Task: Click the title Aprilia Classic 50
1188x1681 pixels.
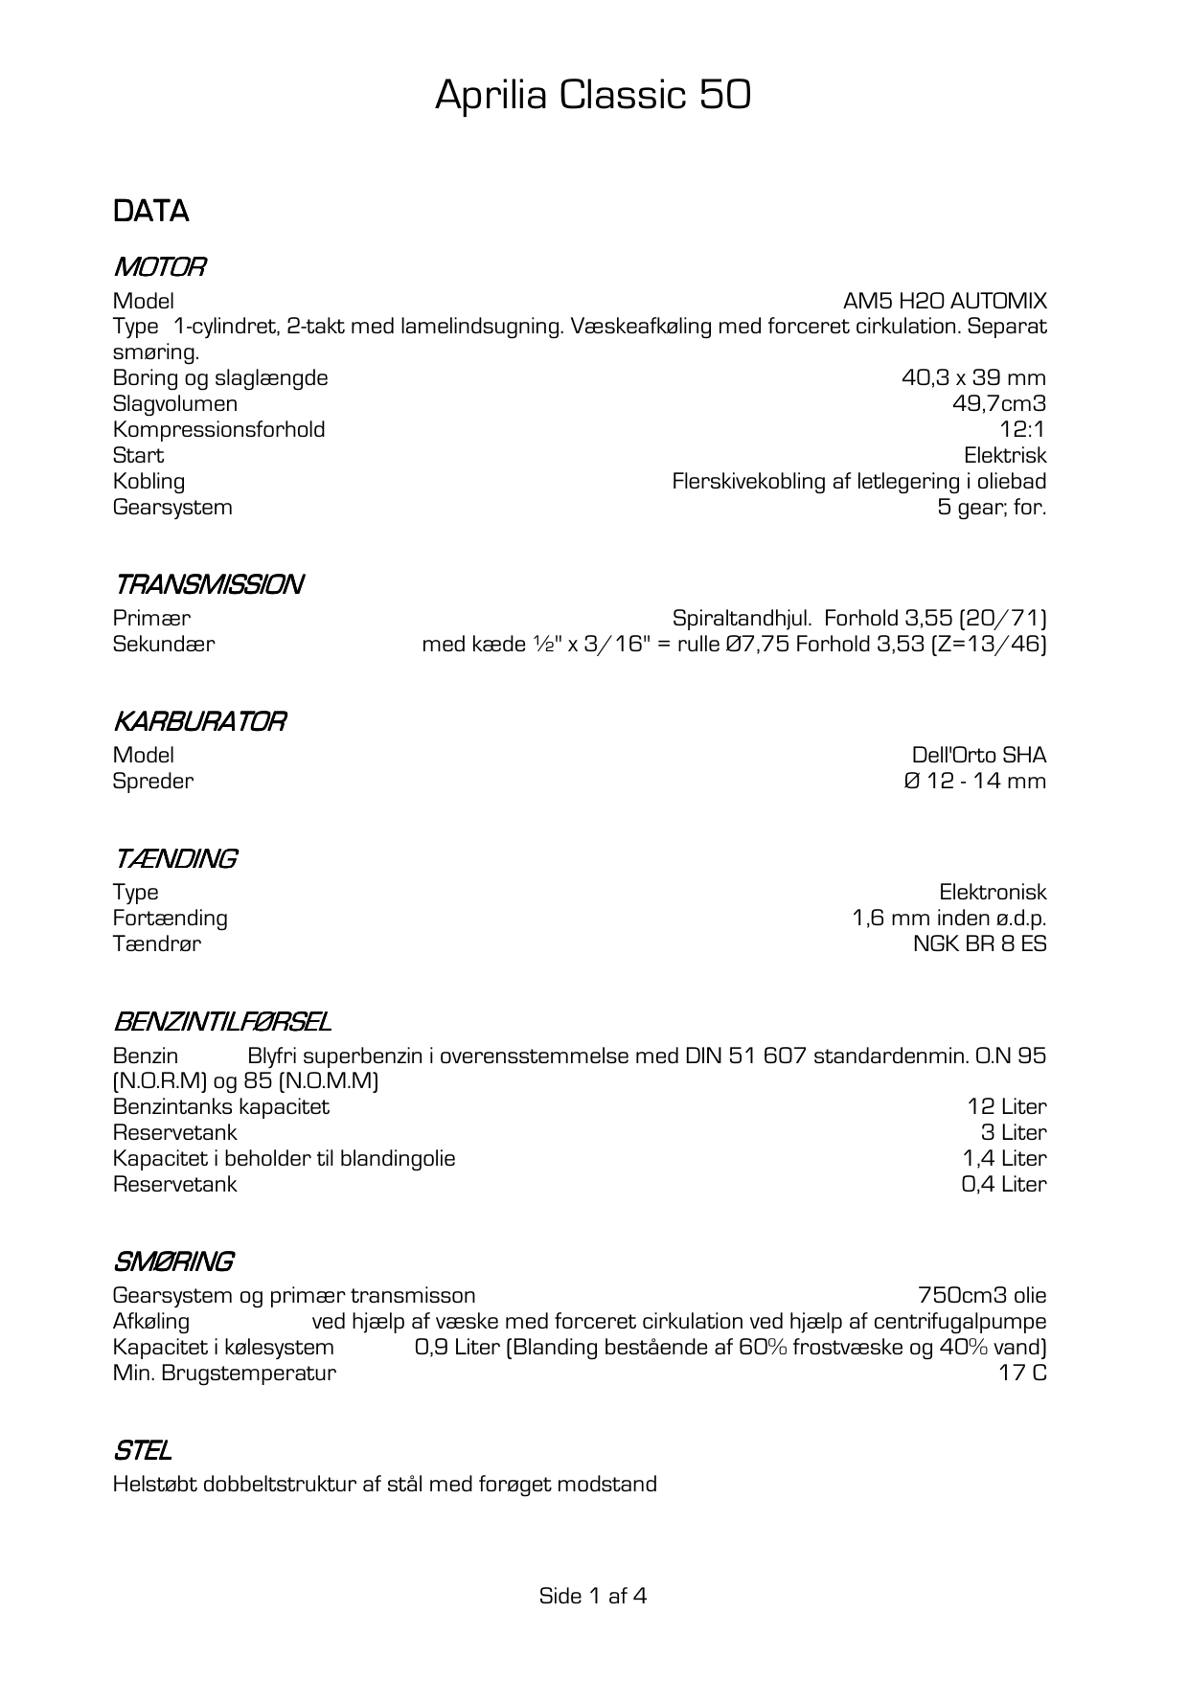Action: tap(593, 96)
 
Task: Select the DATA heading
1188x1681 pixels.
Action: tap(150, 212)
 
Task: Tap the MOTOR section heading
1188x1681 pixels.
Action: tap(159, 267)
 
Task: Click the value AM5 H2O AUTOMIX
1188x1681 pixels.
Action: tap(945, 301)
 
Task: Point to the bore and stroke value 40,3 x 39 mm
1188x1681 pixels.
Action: tap(973, 378)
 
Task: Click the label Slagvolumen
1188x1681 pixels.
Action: tap(174, 404)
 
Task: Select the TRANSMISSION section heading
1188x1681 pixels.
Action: tap(209, 584)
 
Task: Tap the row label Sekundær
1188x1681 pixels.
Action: tap(164, 645)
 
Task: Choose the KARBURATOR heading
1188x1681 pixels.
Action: tap(199, 721)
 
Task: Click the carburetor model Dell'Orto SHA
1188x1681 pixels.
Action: tap(979, 756)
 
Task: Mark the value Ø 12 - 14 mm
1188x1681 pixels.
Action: tap(975, 782)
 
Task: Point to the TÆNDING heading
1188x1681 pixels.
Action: tap(175, 859)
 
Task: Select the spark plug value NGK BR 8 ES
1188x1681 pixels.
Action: tap(979, 944)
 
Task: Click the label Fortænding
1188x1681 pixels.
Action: tap(170, 919)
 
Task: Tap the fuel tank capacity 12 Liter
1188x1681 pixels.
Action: tap(1007, 1107)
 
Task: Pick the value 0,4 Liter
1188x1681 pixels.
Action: tap(1004, 1185)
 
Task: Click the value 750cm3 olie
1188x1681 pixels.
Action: tap(982, 1296)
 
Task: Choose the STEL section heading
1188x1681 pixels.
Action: tap(142, 1451)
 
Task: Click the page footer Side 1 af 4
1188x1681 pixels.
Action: tap(593, 1596)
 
